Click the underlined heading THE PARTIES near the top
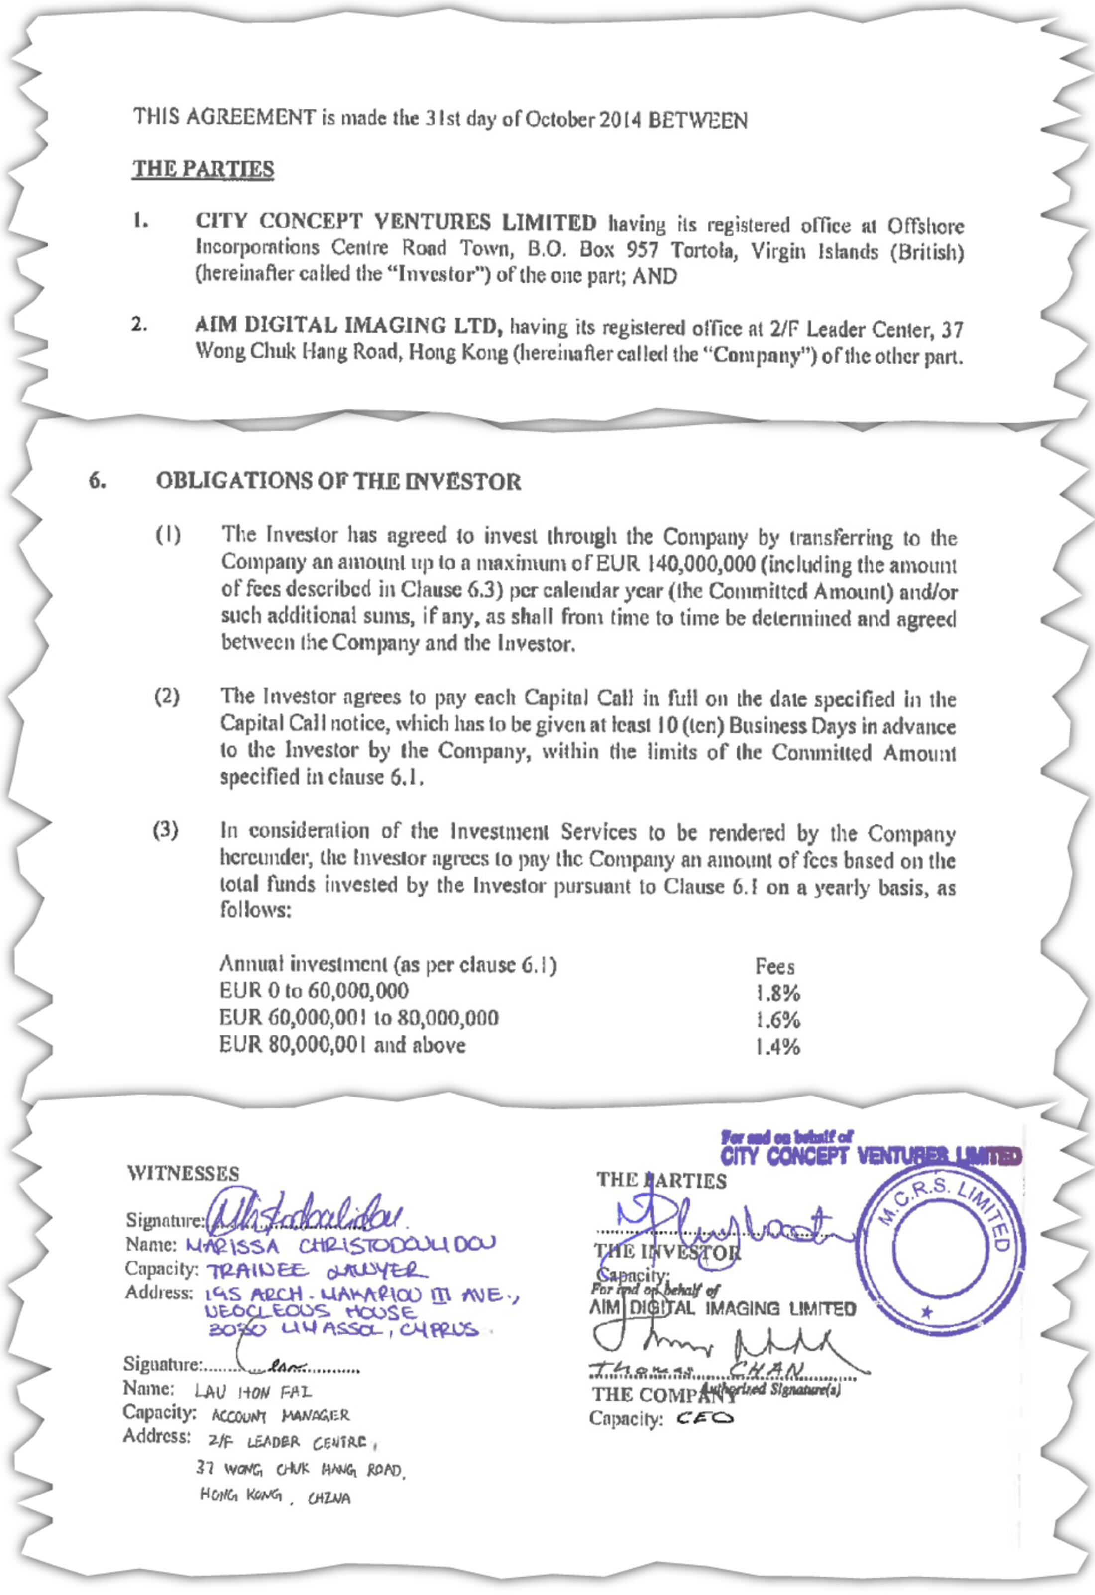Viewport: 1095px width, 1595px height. click(x=203, y=169)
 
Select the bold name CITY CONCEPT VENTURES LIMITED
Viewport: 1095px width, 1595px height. click(x=396, y=222)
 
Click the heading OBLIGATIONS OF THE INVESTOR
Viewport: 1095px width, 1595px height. click(x=338, y=481)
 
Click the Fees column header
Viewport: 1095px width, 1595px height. click(x=774, y=966)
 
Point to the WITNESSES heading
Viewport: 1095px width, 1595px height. click(x=183, y=1173)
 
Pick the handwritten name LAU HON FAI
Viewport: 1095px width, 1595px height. click(x=253, y=1392)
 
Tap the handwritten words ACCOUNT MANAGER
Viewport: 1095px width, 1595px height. click(x=280, y=1416)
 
